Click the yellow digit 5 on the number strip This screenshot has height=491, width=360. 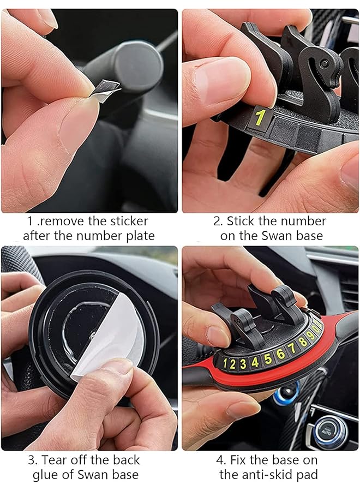pos(268,358)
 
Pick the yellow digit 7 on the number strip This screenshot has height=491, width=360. pos(292,348)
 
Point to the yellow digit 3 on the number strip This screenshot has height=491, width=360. pos(243,363)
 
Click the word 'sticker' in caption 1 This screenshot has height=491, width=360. pos(127,221)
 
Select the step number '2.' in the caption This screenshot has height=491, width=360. pos(218,221)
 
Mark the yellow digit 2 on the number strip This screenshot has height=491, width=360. pos(233,364)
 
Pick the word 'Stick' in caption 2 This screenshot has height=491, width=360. pos(242,221)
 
